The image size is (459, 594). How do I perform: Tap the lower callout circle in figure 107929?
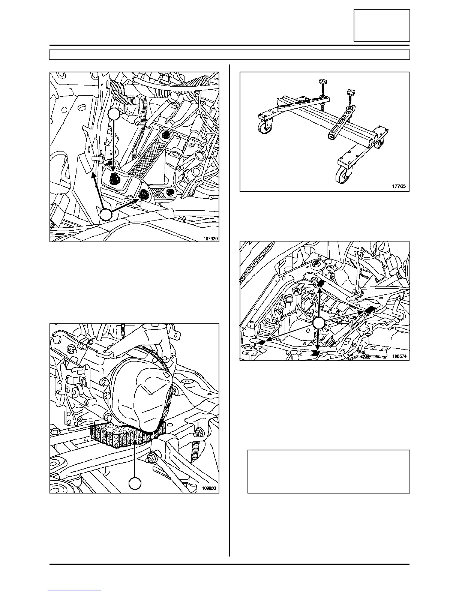pos(106,215)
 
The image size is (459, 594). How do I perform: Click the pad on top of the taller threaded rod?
pos(322,81)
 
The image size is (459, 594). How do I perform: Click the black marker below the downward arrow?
pos(317,353)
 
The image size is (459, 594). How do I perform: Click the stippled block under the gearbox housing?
pos(124,435)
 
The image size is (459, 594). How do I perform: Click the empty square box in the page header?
pos(382,25)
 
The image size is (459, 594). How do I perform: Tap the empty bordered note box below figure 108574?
pos(328,471)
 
